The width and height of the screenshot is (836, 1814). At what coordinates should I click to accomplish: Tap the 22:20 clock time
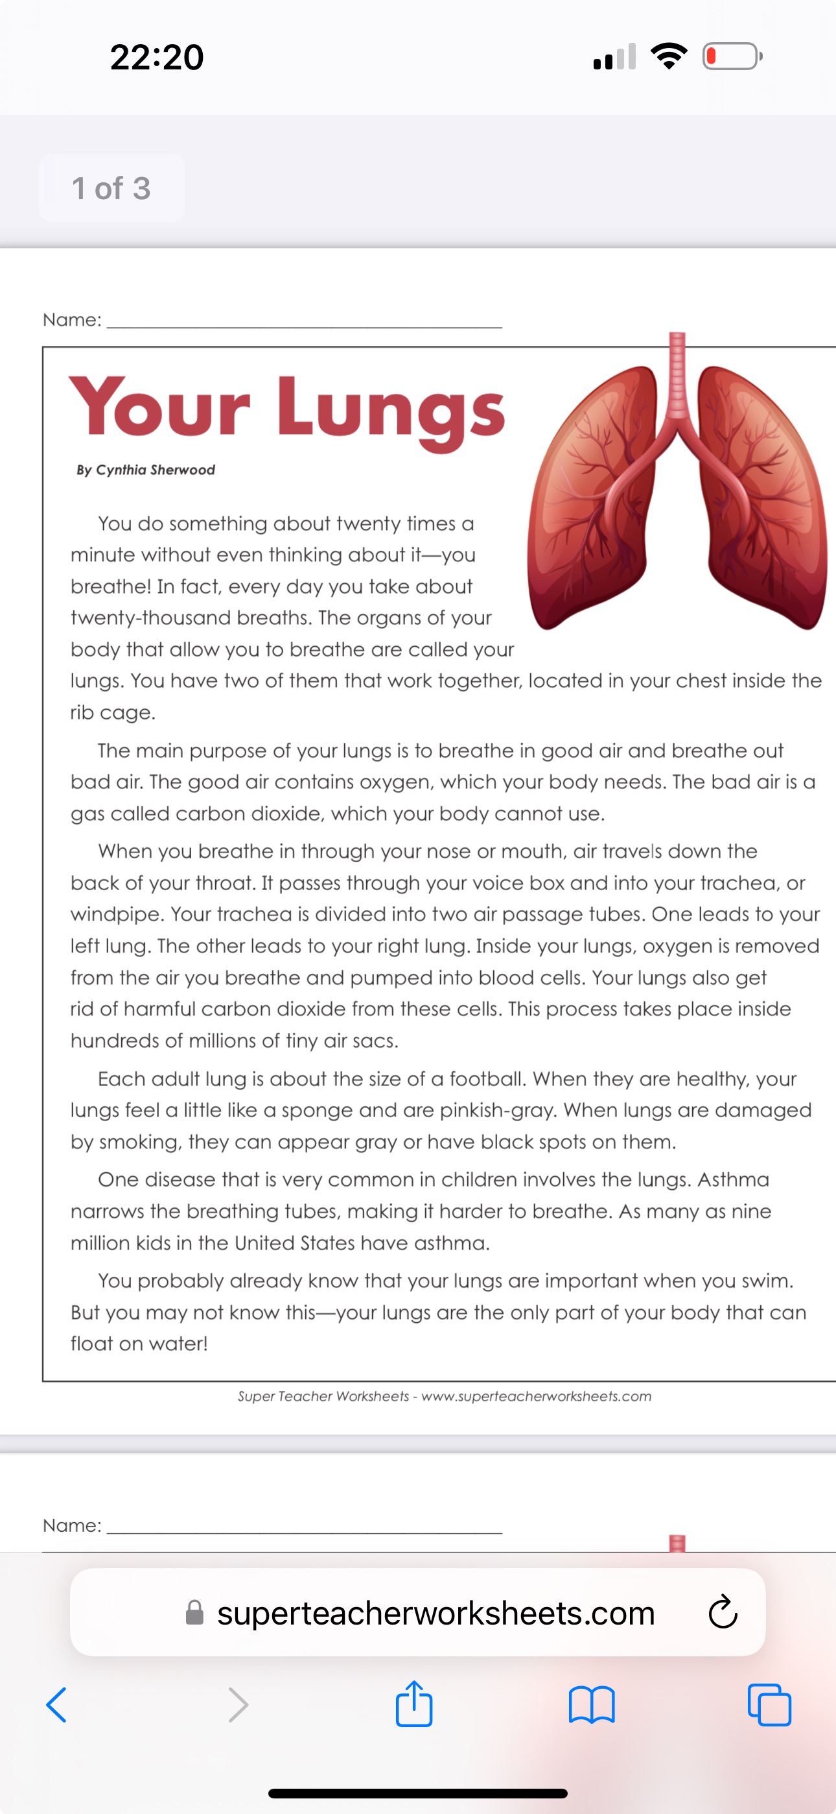157,57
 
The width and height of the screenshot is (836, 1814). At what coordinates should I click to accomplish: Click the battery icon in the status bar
732,56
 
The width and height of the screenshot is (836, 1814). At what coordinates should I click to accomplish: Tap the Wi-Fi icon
669,56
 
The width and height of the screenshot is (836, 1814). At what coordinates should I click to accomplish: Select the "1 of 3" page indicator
111,189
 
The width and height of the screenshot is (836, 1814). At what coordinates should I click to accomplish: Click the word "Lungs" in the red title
391,411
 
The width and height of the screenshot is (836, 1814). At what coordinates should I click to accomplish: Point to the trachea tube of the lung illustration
677,373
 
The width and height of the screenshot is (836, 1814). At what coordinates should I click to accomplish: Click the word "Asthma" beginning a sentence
733,1179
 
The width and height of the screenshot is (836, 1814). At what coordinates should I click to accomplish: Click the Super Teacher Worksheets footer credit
444,1396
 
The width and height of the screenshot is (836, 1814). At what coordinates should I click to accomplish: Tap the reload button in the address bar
723,1613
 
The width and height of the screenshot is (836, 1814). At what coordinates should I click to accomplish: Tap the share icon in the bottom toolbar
413,1704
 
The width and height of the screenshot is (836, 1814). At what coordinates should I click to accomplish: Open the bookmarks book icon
592,1705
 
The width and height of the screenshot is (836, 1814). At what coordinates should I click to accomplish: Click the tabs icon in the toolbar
769,1705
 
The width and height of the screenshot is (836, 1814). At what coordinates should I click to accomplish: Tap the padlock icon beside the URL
195,1613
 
